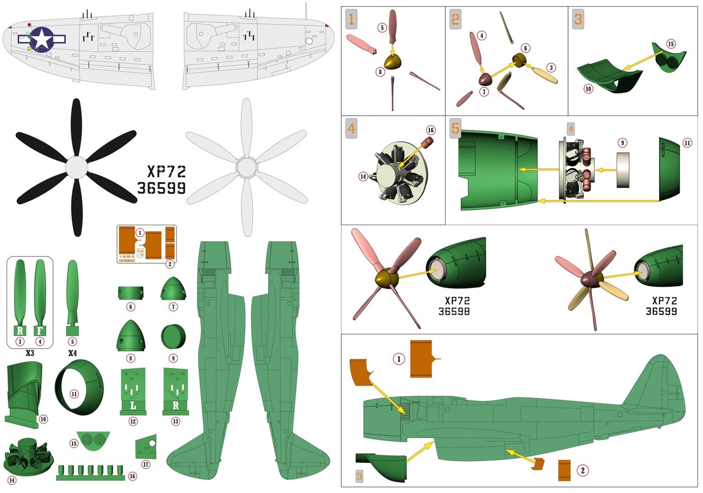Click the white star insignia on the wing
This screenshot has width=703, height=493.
[42, 38]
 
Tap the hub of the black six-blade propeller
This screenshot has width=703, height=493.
[76, 167]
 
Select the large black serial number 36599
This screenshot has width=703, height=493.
[162, 188]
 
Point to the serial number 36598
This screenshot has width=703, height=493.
[454, 311]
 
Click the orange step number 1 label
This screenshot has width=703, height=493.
[351, 19]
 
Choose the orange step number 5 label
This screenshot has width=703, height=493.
[455, 128]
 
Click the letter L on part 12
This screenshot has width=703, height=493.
[133, 405]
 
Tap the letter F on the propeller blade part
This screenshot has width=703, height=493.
[40, 331]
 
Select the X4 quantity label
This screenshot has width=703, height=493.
[72, 353]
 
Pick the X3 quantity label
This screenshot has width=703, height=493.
[30, 353]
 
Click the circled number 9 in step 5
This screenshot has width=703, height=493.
[622, 143]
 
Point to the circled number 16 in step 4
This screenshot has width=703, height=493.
[430, 130]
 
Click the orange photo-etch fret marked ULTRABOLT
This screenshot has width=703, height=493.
[146, 244]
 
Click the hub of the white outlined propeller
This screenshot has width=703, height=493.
[246, 167]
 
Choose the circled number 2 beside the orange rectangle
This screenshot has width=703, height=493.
[583, 470]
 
